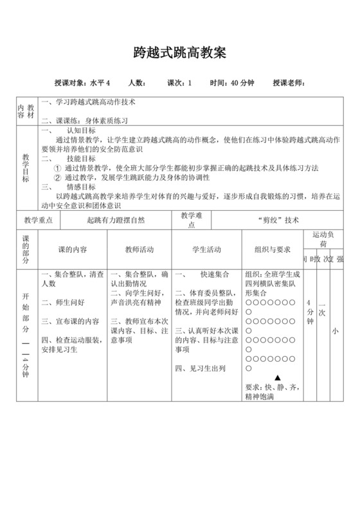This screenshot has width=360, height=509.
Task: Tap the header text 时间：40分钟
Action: pyautogui.click(x=232, y=83)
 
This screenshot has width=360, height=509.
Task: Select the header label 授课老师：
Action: pyautogui.click(x=289, y=83)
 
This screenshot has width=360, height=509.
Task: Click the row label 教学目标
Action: pyautogui.click(x=26, y=168)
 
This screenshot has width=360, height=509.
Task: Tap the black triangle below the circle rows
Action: pyautogui.click(x=278, y=378)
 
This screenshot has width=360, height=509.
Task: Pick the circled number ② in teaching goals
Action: pyautogui.click(x=57, y=177)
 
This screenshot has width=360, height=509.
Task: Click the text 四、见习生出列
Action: pyautogui.click(x=200, y=369)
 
